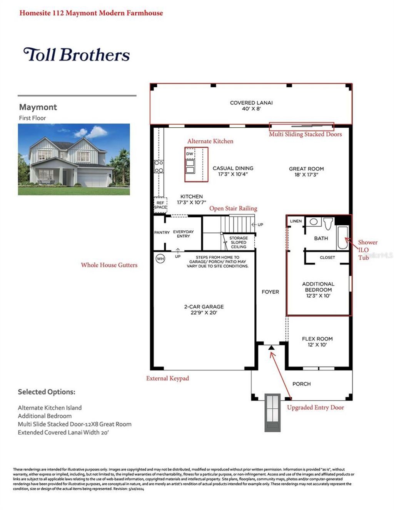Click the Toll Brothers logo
76,55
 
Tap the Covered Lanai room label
251,106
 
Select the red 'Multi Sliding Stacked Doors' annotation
305,134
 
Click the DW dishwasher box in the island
190,154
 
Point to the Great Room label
306,172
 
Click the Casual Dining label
233,171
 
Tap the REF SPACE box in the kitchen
160,205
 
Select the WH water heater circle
160,259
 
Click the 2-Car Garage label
204,310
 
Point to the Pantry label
162,233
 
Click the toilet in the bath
328,223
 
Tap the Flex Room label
317,342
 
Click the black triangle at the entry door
271,348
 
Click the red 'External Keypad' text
167,378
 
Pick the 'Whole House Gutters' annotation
109,265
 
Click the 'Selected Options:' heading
47,392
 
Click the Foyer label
270,292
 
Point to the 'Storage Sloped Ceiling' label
239,242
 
